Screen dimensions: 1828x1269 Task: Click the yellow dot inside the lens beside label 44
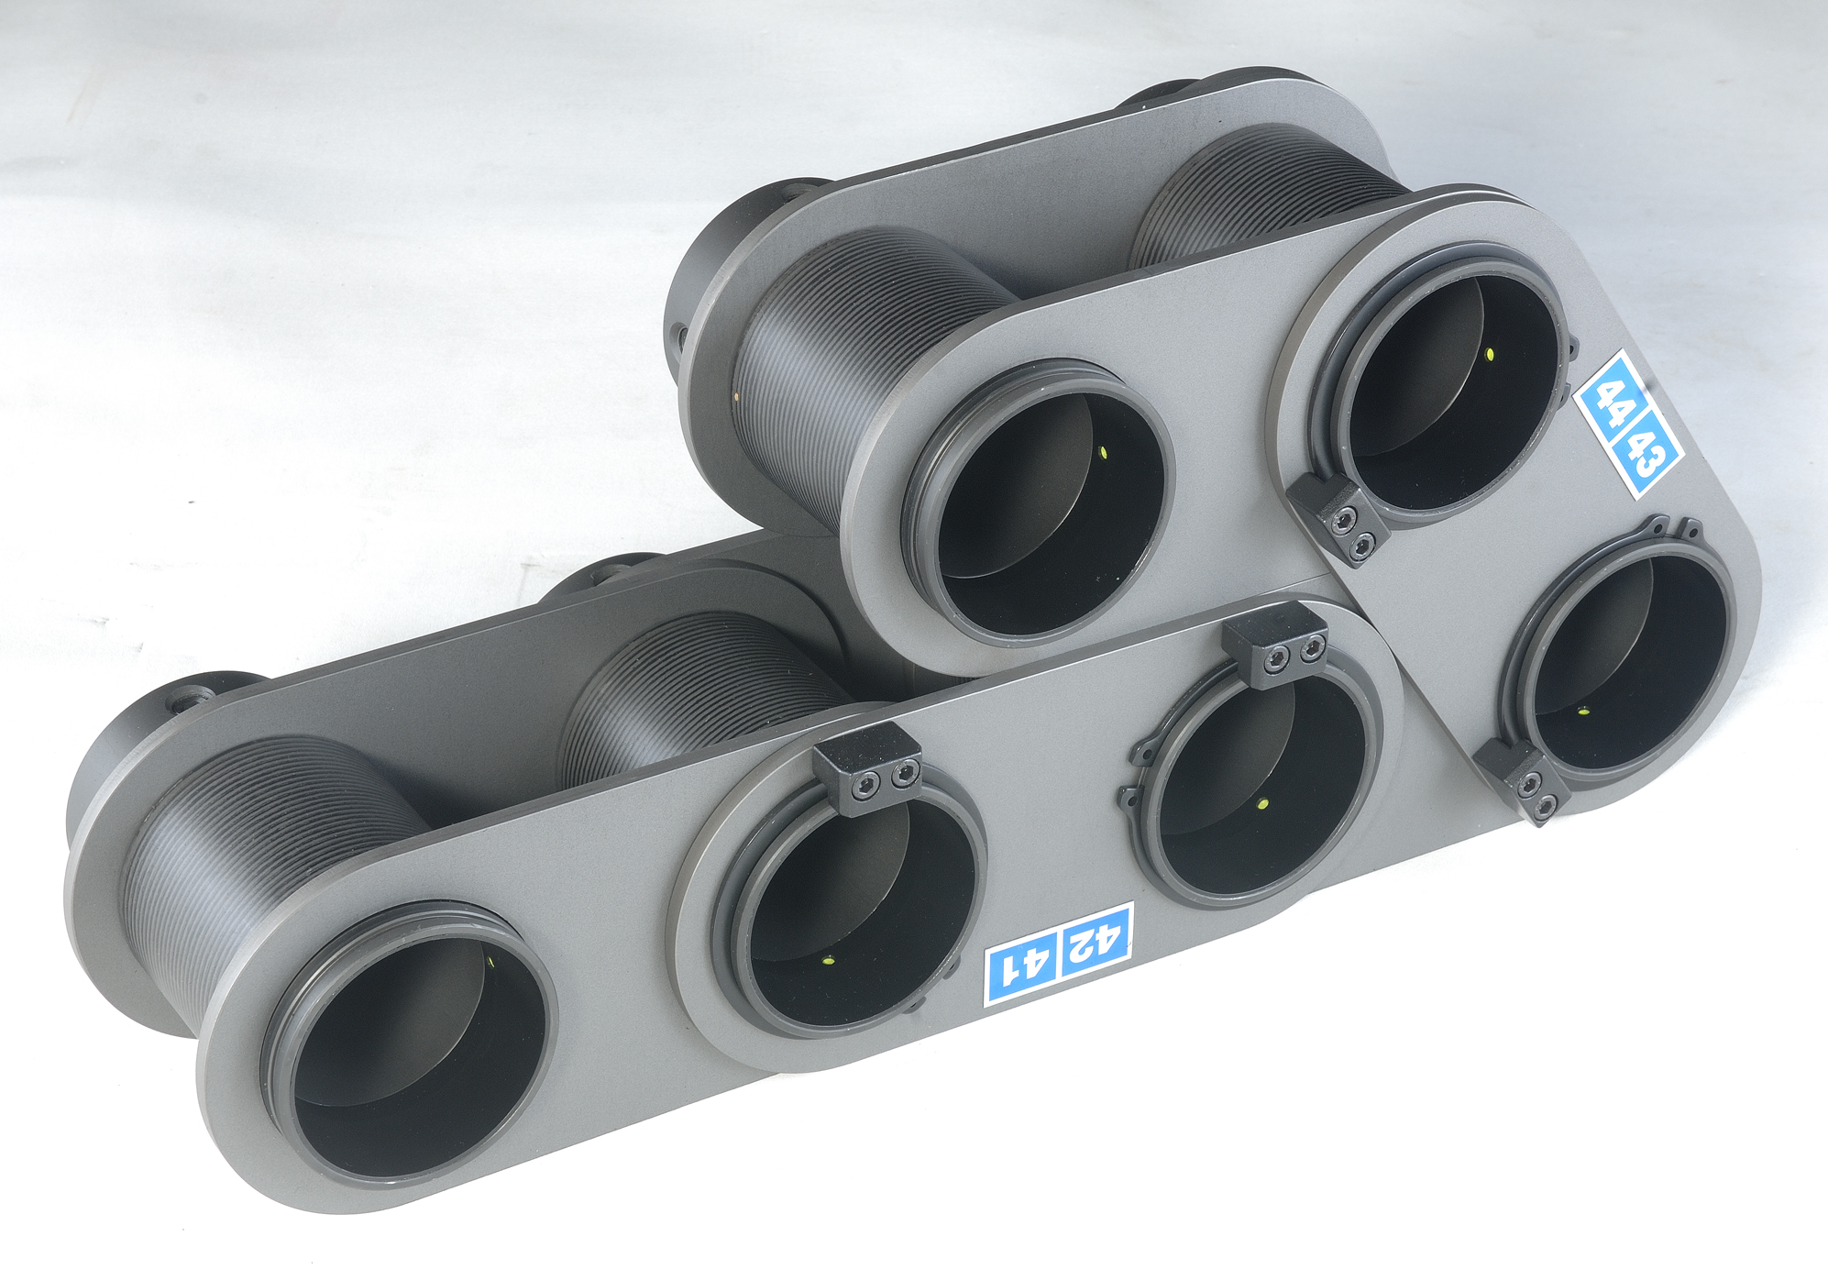click(1489, 354)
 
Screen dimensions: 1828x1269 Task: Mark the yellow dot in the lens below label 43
click(1583, 711)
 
